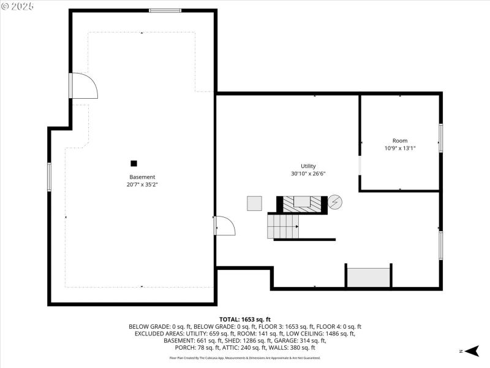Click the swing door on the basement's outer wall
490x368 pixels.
[x=82, y=86]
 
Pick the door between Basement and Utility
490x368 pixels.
[x=224, y=225]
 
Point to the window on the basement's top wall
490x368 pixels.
[x=165, y=10]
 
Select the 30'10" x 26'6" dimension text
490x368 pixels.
[x=308, y=174]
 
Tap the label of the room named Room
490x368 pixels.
[x=400, y=140]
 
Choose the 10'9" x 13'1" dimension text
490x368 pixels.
[x=400, y=148]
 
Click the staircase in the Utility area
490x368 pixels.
[x=283, y=226]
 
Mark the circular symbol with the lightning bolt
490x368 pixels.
[x=336, y=202]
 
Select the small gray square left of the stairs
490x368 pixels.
[x=254, y=204]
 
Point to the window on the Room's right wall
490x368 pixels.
[x=440, y=138]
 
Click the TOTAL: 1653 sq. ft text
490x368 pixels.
[x=245, y=320]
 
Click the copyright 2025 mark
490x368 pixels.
[x=18, y=6]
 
